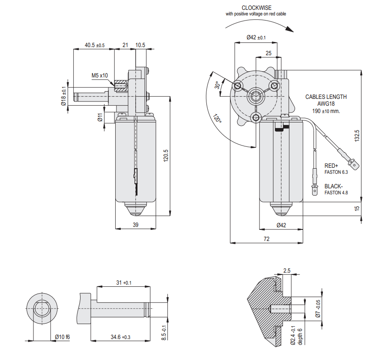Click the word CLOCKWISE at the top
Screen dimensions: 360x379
coord(256,8)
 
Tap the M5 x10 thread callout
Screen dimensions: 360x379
coord(100,76)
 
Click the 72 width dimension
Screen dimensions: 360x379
coord(266,239)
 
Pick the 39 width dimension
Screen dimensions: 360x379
coord(135,225)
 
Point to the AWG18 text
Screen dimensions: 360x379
coord(326,104)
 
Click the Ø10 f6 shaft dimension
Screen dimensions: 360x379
coord(62,337)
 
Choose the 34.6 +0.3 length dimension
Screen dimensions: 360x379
coord(120,337)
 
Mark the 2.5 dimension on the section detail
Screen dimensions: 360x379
coord(286,271)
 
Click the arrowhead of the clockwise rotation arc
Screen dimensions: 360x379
coord(291,30)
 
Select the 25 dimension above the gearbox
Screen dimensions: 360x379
coord(268,53)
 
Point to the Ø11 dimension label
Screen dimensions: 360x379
coord(100,117)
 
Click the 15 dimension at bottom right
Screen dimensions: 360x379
coord(357,208)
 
